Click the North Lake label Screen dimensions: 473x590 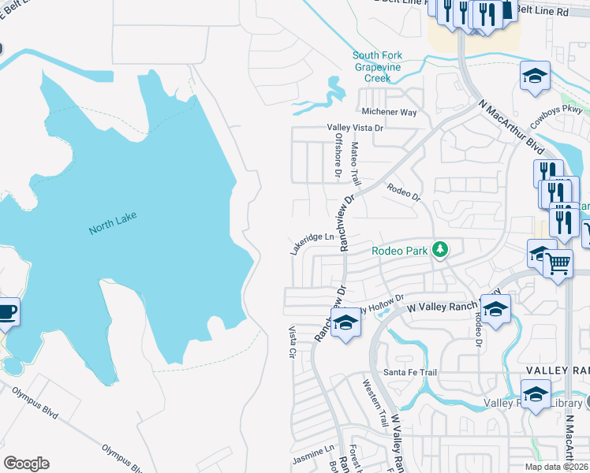tap(112, 229)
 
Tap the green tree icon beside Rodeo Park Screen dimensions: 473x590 tap(440, 251)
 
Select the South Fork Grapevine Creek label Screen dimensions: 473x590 tap(383, 67)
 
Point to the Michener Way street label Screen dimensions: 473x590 tap(388, 113)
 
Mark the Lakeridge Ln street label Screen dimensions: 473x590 tap(312, 243)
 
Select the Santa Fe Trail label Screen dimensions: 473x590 tap(409, 372)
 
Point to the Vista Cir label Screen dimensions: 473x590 tap(292, 344)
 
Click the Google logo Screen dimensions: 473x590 tap(26, 464)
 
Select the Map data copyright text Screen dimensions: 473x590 tap(557, 467)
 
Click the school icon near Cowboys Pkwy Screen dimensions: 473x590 tap(534, 76)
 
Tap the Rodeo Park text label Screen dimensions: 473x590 tap(399, 251)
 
